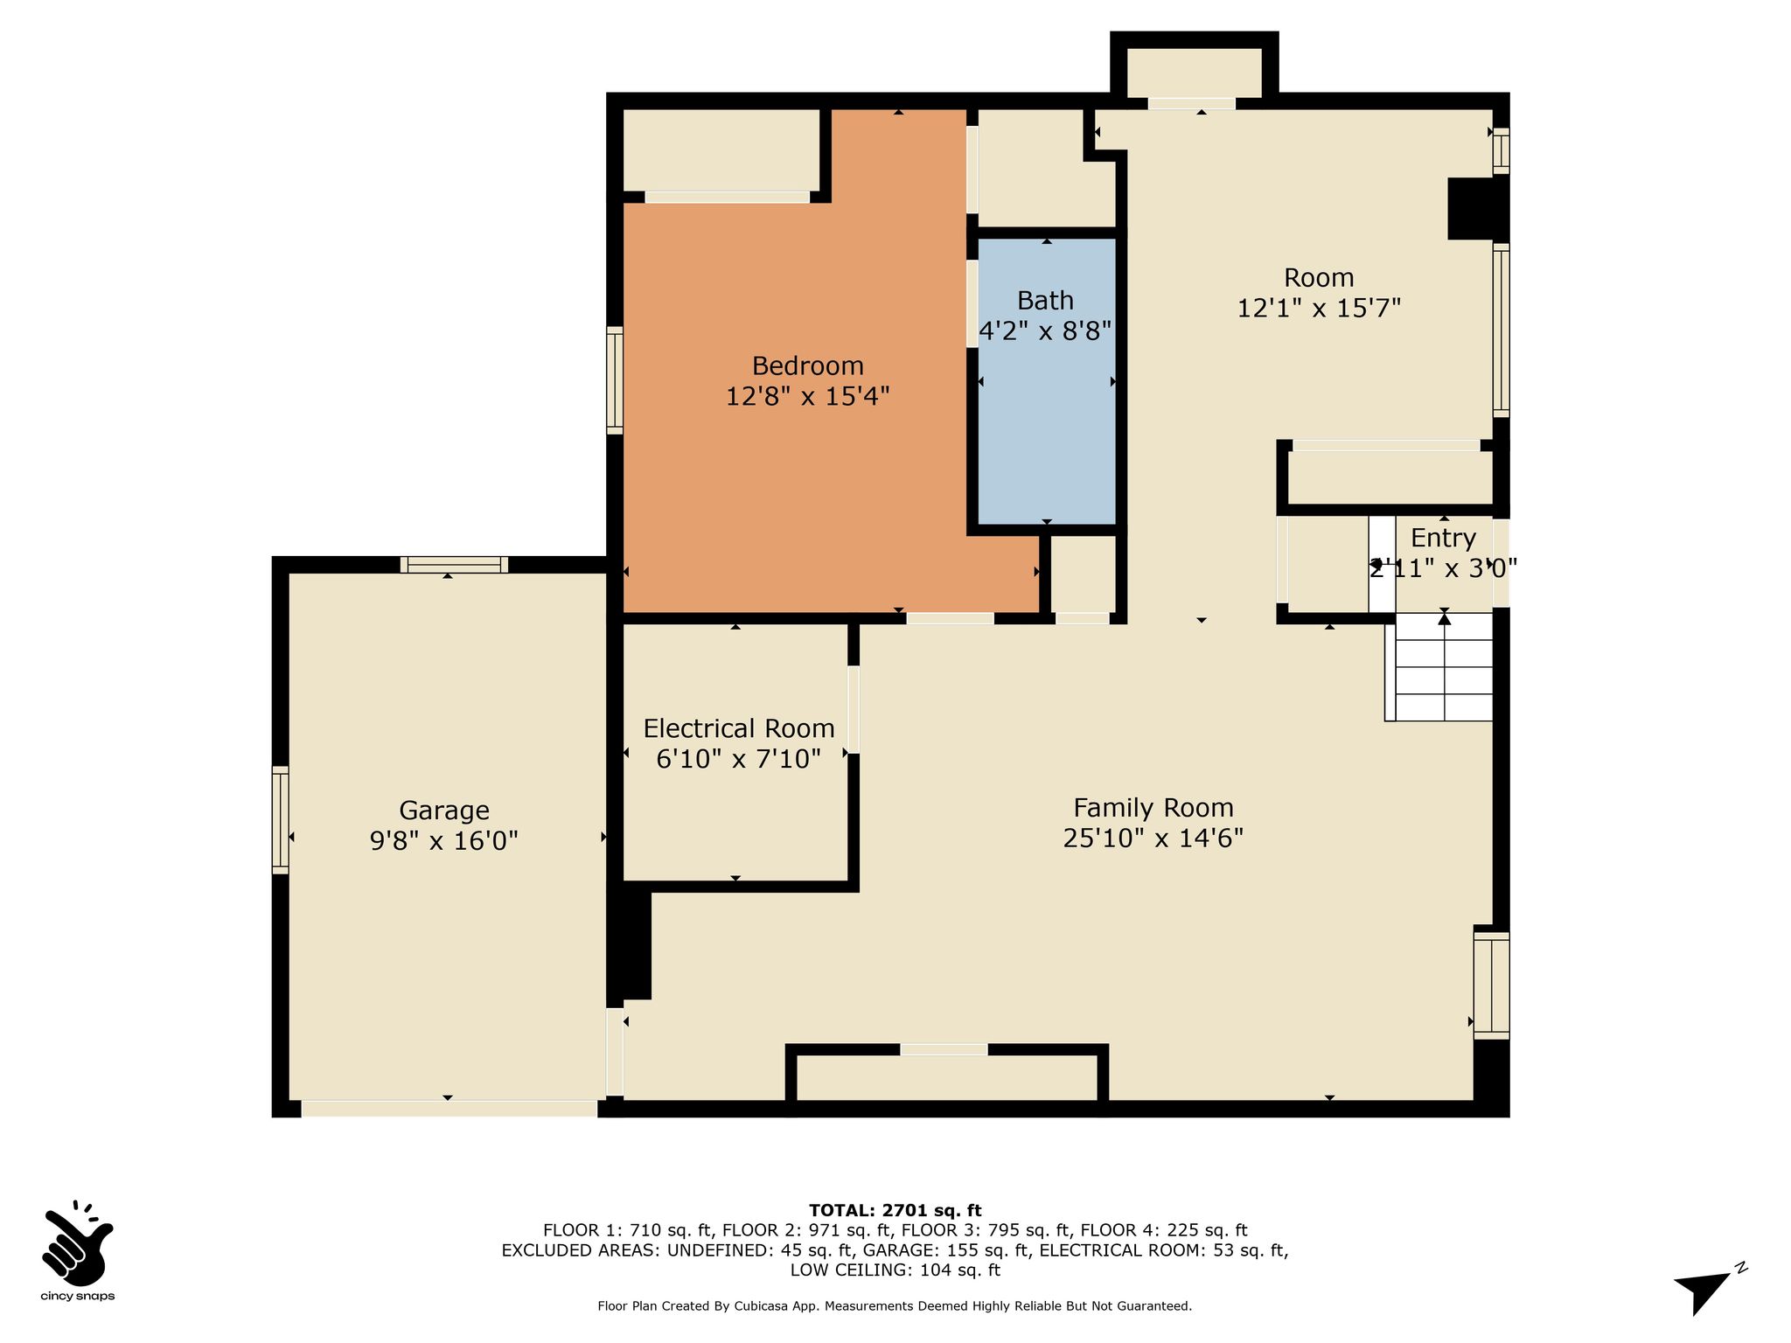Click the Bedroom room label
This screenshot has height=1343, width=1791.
point(807,365)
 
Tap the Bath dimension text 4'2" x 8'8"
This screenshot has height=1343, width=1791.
point(1045,331)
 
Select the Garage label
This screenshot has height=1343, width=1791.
point(444,811)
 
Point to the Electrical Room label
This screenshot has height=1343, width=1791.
point(739,728)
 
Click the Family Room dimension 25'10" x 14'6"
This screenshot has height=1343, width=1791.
point(1153,838)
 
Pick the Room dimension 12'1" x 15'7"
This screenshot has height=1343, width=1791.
point(1319,308)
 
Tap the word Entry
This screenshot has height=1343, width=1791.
point(1443,538)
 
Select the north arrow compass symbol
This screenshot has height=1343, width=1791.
point(1707,1286)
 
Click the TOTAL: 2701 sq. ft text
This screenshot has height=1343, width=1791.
point(895,1210)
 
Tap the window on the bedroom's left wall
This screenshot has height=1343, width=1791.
point(615,380)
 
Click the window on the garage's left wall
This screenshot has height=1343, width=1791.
point(280,819)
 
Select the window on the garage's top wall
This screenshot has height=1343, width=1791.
point(454,565)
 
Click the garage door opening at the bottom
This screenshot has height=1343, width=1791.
point(449,1108)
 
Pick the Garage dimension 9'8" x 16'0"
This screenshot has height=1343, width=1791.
point(444,841)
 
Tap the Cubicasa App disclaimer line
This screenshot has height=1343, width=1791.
point(895,1306)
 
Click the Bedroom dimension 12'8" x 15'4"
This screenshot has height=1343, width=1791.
point(807,396)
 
